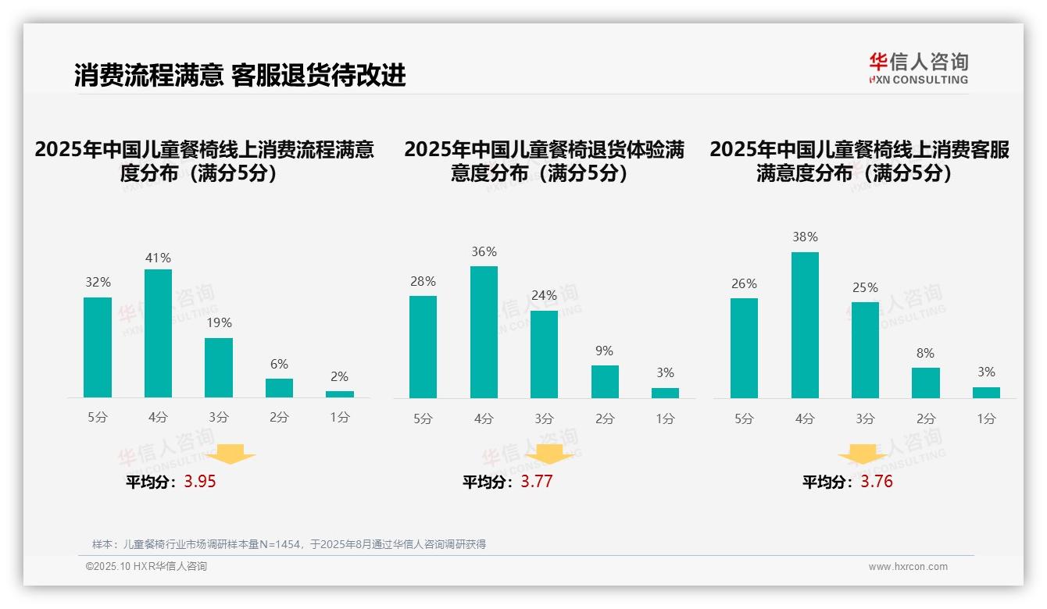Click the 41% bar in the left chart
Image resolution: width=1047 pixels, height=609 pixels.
coord(158,333)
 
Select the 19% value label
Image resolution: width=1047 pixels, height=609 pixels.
coord(219,322)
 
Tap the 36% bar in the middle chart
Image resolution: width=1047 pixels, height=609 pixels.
coord(484,332)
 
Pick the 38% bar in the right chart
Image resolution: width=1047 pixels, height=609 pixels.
coord(805,325)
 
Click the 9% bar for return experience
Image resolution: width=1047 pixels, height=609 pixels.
coord(605,382)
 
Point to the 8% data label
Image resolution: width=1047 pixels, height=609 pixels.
coord(925,353)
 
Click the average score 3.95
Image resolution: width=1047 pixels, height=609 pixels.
coord(200,482)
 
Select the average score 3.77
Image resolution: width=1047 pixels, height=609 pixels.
coord(537,482)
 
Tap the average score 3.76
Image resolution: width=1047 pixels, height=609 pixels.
coord(877,482)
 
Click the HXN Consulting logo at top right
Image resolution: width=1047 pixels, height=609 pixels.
coord(918,68)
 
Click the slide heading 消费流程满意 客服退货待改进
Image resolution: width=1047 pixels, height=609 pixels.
coord(240,76)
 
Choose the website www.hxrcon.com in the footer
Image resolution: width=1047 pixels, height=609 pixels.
coord(908,567)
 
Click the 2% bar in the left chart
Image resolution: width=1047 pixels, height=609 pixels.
coord(340,394)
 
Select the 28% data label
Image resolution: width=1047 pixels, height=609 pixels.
coord(423,281)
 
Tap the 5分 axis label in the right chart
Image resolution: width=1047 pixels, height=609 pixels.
coord(744,418)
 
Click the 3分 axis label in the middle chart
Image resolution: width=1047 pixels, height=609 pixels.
coord(544,418)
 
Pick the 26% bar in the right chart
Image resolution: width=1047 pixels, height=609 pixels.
coord(744,348)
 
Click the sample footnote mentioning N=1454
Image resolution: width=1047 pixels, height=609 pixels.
coord(288,544)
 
